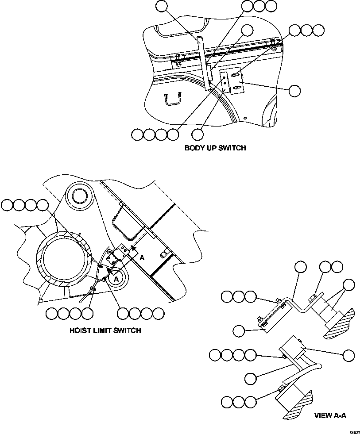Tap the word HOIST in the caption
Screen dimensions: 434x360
coord(81,330)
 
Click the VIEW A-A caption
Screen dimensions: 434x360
coord(330,415)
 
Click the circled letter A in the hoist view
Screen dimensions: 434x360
coord(115,279)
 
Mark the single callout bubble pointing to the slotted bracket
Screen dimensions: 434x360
coord(294,90)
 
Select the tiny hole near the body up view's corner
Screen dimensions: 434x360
coord(245,118)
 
